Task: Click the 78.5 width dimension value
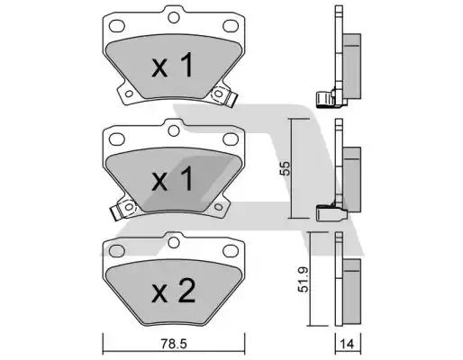coord(174,344)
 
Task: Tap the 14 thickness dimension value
coord(348,344)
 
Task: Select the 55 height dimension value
coord(285,168)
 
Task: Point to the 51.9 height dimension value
coord(304,280)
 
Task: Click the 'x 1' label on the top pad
coord(172,65)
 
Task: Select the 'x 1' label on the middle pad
coord(172,179)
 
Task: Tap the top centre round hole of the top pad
coord(174,17)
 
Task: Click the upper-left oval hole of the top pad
coord(117,26)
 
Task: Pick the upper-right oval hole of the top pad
coord(231,26)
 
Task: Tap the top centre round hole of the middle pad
coord(174,130)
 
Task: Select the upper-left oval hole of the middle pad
coord(117,139)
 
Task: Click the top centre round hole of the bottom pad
coord(174,242)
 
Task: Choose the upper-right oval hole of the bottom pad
coord(231,251)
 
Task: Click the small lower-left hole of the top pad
coord(129,94)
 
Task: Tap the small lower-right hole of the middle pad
coord(219,207)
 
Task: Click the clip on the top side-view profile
coord(325,98)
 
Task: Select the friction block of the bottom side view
coord(351,292)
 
